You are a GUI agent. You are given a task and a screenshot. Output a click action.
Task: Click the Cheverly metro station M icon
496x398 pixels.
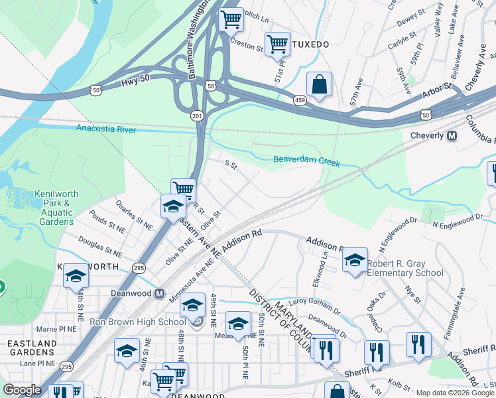pos(452,136)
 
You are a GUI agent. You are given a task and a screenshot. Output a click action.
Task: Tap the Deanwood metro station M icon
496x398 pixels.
pos(158,293)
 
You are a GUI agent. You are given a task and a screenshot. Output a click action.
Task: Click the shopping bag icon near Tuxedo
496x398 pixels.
pos(319,85)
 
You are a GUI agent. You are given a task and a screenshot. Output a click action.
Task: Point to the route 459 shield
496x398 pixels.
pos(300,99)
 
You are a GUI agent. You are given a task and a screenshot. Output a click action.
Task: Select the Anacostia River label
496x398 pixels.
pos(105,129)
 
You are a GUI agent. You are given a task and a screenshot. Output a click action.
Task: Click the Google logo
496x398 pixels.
pos(22,390)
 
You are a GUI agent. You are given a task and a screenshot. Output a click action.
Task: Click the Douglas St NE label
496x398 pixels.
pos(99,245)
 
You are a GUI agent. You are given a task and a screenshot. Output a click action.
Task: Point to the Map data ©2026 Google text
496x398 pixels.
pos(455,393)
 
